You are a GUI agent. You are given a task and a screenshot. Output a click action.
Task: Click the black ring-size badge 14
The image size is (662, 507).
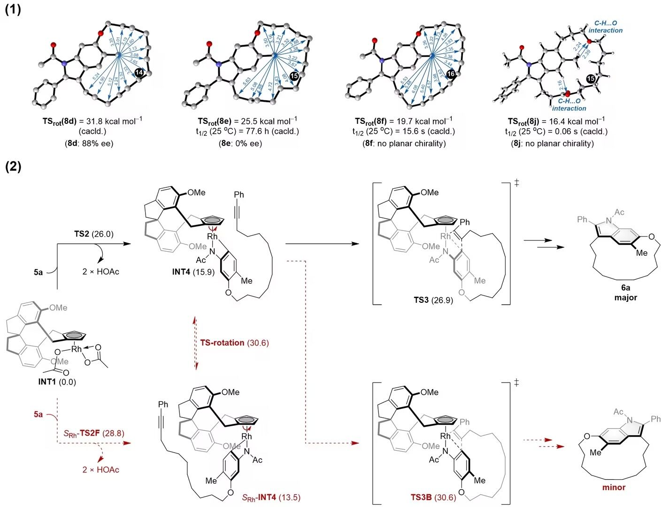point(139,72)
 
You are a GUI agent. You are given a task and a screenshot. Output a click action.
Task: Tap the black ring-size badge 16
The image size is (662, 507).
point(451,74)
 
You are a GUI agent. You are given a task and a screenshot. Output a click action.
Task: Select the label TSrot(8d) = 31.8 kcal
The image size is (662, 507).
point(92,121)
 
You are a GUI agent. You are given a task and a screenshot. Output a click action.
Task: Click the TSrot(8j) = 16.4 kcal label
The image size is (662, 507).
point(556,121)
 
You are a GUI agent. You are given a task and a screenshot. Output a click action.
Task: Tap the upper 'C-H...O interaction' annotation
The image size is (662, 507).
point(605,27)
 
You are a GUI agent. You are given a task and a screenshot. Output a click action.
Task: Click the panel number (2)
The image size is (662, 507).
point(13,166)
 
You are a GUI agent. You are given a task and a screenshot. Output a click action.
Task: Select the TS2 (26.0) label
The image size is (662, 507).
point(94,234)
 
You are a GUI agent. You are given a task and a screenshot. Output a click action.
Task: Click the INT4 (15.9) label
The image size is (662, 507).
point(193,272)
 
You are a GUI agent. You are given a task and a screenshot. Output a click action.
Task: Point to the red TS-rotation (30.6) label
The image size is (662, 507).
point(234,343)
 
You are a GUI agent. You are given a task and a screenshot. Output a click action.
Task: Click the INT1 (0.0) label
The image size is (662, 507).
point(57,382)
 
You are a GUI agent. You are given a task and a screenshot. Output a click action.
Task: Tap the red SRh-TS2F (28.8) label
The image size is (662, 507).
point(94,433)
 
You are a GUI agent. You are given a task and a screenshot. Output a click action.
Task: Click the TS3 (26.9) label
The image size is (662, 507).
point(433,300)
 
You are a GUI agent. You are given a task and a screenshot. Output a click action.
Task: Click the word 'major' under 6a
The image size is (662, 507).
point(625,297)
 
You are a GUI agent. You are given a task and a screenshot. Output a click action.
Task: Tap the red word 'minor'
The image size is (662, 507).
point(614,487)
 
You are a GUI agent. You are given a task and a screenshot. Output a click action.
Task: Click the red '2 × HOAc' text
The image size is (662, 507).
point(101,470)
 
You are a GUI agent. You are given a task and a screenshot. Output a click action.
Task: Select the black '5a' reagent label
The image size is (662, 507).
point(38,272)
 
